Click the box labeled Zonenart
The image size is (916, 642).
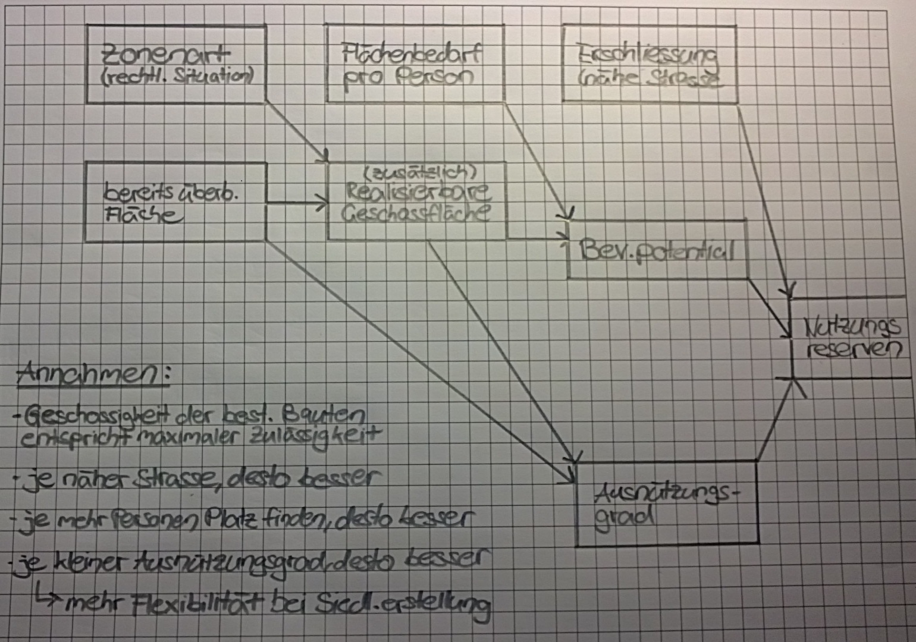176,64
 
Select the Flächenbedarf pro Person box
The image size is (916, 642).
415,64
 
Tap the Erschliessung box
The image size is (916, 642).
649,64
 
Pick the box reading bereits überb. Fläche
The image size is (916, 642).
175,202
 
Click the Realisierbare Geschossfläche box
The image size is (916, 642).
417,202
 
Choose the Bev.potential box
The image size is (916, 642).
657,250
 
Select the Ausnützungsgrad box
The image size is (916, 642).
666,503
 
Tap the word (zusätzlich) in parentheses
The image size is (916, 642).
419,172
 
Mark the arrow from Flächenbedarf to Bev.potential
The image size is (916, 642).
538,160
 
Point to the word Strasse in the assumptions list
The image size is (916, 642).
173,477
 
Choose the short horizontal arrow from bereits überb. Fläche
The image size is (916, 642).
296,205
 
